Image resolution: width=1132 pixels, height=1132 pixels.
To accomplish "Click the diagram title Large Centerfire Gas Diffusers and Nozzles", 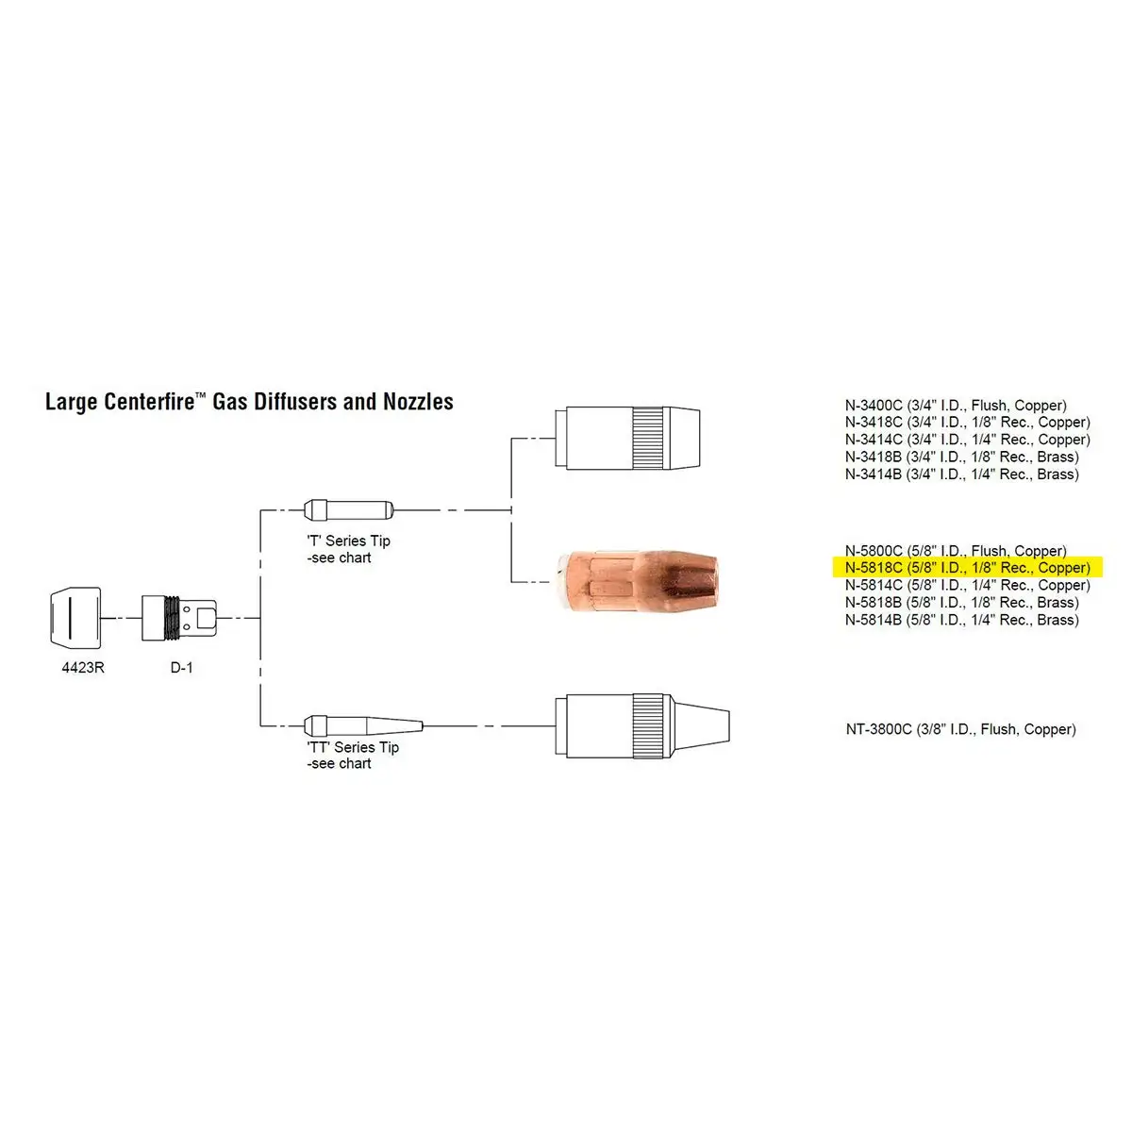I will pos(249,402).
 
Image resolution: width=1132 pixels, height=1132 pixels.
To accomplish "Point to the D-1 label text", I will pos(181,668).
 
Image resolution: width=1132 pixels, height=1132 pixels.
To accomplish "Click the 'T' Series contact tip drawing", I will pos(346,510).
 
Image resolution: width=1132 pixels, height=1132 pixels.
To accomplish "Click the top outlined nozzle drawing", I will pos(628,439).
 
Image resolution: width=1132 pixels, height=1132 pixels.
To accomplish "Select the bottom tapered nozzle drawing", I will pos(641,725).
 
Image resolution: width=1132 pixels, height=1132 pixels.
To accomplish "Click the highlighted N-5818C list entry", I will pos(967,568).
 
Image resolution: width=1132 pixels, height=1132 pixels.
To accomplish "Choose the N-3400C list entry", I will pos(956,406).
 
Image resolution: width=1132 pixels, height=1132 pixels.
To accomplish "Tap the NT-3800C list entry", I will pos(960,729).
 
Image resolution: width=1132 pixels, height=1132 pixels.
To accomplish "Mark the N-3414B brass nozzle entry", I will pos(961,474).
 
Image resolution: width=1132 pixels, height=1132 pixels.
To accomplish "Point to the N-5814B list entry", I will pos(961,620).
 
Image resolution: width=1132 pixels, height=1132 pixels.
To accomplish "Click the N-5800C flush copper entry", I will pos(956,551).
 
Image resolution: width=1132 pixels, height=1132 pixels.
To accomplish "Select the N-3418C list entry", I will pos(967,423).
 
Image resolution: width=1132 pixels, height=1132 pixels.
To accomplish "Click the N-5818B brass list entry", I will pos(961,603).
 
